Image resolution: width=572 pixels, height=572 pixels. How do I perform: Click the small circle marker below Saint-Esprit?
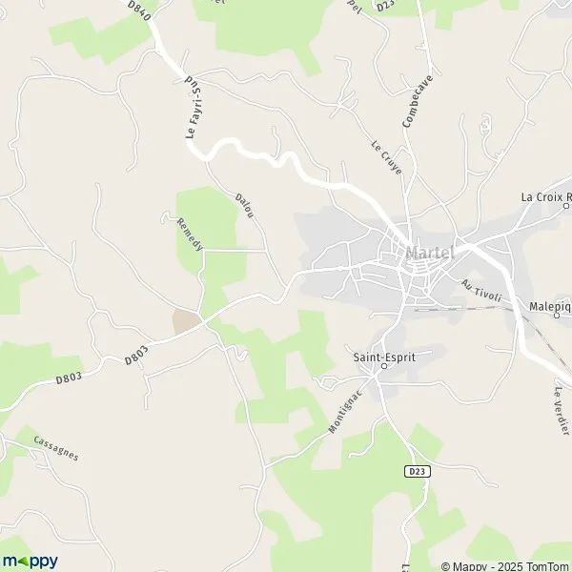[384, 365]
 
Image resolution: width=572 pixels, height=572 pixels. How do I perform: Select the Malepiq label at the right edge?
[549, 307]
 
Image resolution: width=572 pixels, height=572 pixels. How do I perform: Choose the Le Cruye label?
[386, 157]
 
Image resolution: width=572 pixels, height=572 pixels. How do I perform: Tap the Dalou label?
[245, 209]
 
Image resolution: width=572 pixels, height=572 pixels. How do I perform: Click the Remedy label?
[190, 235]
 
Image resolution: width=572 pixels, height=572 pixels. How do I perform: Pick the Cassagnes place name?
[55, 447]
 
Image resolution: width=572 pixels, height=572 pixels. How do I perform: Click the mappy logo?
[30, 561]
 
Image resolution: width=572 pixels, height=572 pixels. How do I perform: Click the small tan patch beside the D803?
[186, 322]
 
